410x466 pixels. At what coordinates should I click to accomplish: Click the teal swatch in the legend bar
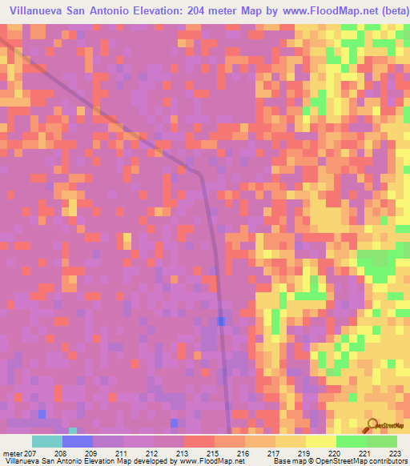coord(47,441)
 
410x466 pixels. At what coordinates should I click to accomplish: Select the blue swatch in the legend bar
coord(78,441)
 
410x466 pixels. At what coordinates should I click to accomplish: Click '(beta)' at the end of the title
coord(386,12)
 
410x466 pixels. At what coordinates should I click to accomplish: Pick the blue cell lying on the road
coord(220,321)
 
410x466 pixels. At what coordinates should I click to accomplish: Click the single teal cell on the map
coord(74,431)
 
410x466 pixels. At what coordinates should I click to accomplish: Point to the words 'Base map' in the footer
coord(285,460)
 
